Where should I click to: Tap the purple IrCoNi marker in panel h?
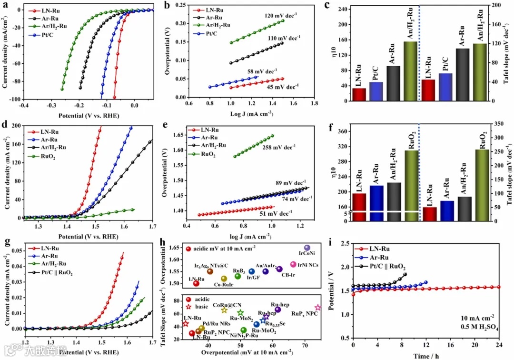(x=307, y=248)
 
